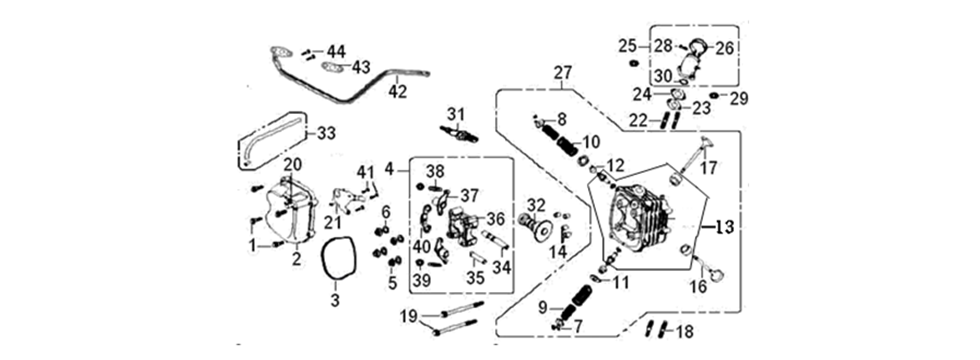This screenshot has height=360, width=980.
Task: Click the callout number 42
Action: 398,91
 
